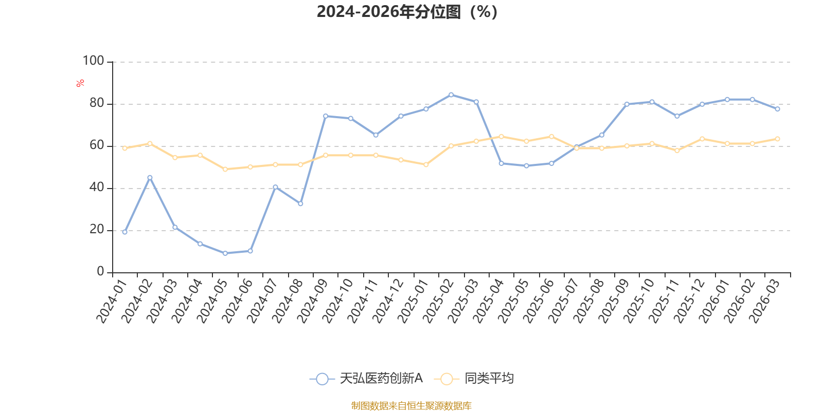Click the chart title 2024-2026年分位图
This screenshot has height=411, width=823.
click(x=407, y=11)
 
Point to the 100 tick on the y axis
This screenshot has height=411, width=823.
click(x=93, y=61)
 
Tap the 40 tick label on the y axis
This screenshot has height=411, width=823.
click(x=96, y=188)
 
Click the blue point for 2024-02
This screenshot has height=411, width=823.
click(x=150, y=178)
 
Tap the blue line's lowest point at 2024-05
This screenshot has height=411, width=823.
click(x=225, y=253)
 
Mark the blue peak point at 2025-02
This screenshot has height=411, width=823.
click(x=451, y=95)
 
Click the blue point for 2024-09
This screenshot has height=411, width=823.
click(x=326, y=116)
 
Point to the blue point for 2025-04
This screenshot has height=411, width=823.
click(x=502, y=163)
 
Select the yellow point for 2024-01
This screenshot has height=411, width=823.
click(x=124, y=148)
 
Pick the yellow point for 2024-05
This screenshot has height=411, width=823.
click(x=225, y=169)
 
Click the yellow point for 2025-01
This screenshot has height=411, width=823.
click(x=426, y=164)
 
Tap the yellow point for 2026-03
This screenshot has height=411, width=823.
click(x=778, y=139)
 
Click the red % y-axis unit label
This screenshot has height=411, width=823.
click(x=80, y=83)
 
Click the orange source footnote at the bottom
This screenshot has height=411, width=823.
click(x=411, y=406)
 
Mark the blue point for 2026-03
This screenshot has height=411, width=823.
click(x=778, y=109)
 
